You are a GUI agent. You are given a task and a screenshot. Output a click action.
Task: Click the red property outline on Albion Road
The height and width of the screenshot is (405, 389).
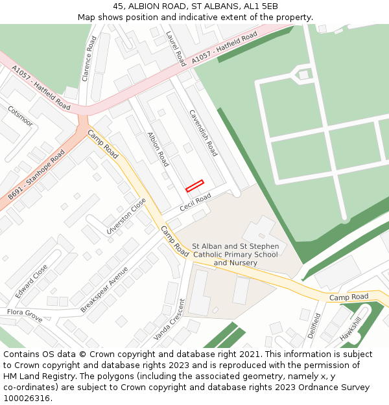coord(194,186)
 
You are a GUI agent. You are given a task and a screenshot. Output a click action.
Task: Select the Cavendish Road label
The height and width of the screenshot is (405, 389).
coord(202,132)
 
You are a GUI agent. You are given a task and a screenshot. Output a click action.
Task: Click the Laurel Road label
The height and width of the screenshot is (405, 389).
coord(176,49)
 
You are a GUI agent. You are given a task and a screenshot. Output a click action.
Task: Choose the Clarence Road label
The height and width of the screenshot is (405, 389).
coord(89,58)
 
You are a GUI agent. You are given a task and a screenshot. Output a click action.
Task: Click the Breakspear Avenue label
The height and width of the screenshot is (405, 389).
coord(104,289)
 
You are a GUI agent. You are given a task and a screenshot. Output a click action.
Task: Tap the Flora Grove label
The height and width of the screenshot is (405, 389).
coord(25,316)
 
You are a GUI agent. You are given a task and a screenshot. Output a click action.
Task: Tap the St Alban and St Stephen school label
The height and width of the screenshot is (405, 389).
coord(235,255)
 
